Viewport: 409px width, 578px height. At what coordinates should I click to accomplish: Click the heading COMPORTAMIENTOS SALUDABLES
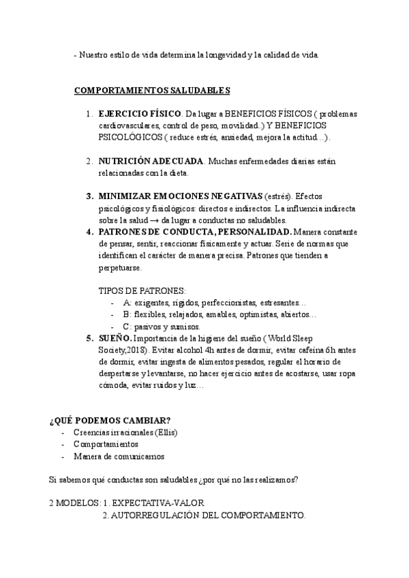click(151, 90)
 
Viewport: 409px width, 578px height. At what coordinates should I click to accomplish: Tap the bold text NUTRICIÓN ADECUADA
click(151, 162)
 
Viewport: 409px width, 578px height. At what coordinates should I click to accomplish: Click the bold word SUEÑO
click(115, 338)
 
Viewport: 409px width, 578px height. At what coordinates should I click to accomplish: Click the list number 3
click(90, 196)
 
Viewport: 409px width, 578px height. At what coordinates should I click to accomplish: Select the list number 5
click(90, 338)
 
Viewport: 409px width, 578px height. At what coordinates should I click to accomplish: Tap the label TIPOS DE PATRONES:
click(142, 290)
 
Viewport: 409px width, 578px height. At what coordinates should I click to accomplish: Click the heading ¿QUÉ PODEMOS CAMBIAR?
click(110, 419)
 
